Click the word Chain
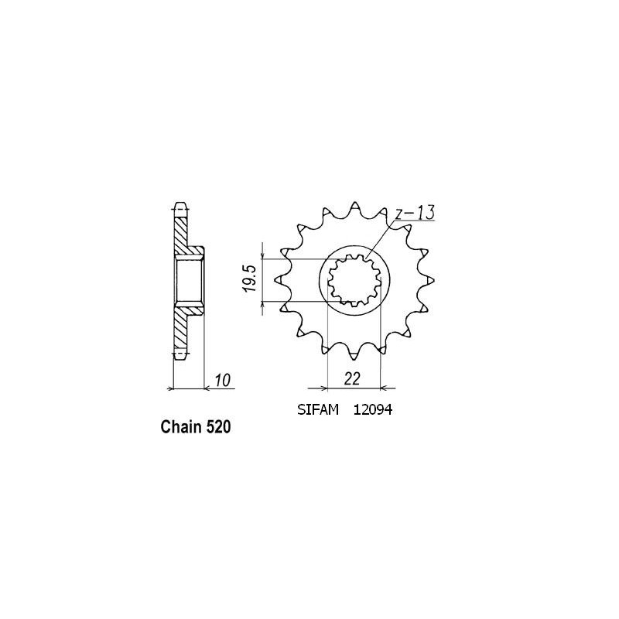coord(181,427)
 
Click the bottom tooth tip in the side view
coord(180,354)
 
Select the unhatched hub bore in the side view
coord(190,281)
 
